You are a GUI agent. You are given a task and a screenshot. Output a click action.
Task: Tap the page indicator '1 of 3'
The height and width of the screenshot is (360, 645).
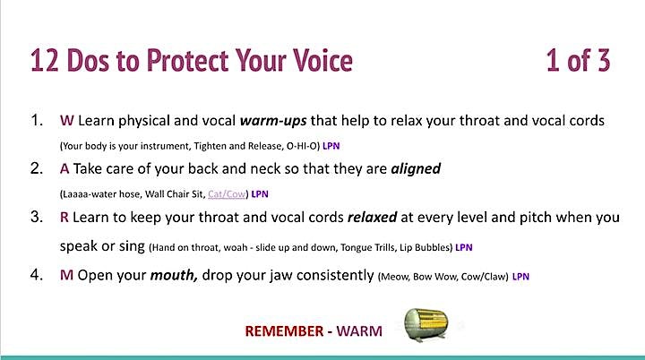[x=578, y=61]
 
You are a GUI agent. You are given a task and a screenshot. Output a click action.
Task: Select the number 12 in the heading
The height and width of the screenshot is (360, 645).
[x=45, y=61]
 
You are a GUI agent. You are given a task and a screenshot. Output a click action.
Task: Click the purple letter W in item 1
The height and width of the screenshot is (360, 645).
[x=67, y=121]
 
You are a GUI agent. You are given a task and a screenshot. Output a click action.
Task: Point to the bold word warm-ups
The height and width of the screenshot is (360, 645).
[x=273, y=121]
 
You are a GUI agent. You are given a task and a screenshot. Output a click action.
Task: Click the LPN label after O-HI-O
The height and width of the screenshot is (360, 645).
[x=331, y=146]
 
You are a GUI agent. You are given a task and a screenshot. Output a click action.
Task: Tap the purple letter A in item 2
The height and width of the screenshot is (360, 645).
[x=64, y=168]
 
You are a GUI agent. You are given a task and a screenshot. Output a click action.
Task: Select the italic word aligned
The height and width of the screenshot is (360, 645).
[x=416, y=168]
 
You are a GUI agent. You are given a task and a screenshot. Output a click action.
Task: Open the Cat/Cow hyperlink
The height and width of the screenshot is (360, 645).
[x=227, y=193]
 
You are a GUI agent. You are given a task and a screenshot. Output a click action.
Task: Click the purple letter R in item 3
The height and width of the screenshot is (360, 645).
[x=64, y=217]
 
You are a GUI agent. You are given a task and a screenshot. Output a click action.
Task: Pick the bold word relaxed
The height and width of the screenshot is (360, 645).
[x=373, y=217]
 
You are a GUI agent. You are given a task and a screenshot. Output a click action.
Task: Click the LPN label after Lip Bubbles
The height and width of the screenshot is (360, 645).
[x=464, y=247]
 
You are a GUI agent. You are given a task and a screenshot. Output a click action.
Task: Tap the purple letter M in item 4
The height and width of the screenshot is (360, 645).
[x=66, y=275]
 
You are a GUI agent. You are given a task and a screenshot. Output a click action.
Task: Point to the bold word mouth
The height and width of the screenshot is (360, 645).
[x=174, y=275]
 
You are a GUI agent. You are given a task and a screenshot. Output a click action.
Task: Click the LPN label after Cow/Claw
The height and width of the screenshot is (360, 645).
[x=520, y=277]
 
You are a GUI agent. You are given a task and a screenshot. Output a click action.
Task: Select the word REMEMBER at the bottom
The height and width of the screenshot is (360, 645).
[x=284, y=331]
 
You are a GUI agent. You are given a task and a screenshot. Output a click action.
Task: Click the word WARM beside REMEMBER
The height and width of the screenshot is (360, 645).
[x=359, y=331]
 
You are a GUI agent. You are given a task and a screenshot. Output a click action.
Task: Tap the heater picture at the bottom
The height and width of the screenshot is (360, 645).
[x=426, y=324]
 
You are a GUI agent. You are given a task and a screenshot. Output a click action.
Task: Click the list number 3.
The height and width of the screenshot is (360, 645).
[x=37, y=217]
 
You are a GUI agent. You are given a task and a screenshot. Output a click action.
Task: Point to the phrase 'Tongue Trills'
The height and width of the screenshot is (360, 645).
[x=368, y=248]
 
